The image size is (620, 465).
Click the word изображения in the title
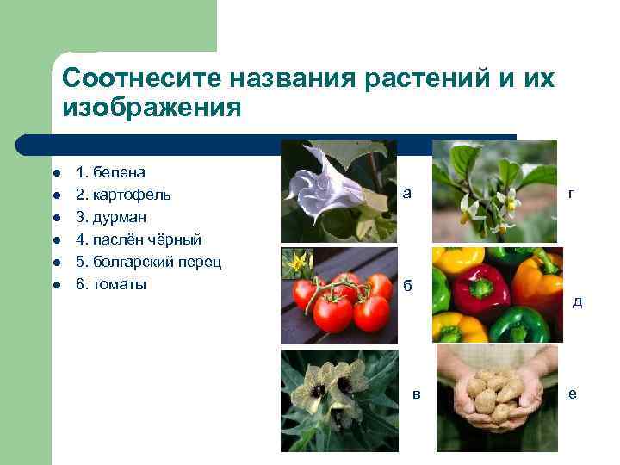[151, 108]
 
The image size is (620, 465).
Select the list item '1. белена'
[110, 172]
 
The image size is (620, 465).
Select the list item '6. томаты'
[111, 284]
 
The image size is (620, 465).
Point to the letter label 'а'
[406, 194]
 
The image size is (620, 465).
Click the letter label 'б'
[407, 286]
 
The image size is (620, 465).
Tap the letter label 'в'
[417, 394]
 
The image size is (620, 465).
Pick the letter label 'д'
[577, 301]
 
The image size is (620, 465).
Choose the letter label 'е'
[572, 394]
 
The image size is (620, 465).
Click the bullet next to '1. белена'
[56, 173]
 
